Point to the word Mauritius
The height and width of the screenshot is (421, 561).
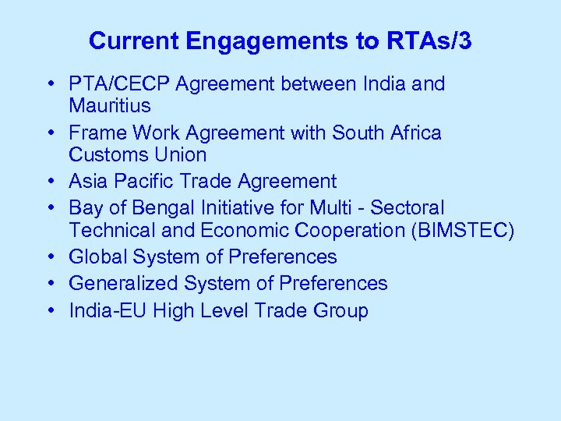pyautogui.click(x=110, y=105)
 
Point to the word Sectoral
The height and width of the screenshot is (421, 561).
pyautogui.click(x=407, y=209)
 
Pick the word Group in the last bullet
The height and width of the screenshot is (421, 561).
pyautogui.click(x=340, y=311)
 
